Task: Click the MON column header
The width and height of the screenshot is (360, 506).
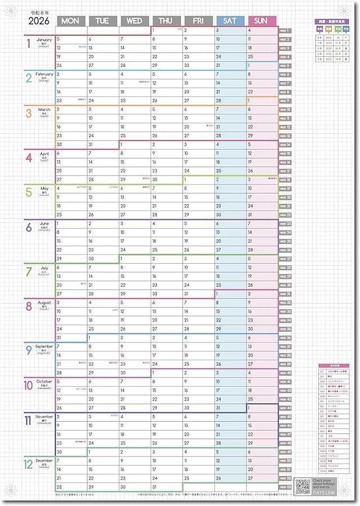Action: coord(71,21)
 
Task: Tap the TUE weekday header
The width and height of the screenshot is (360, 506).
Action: coord(102,21)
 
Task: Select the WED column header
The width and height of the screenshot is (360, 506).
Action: coord(134,21)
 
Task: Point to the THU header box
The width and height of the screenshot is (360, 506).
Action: coord(166,21)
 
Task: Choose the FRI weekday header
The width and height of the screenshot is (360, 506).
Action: coord(198,21)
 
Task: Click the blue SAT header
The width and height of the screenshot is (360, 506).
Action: coord(229,21)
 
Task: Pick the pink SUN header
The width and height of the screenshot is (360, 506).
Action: coord(262,21)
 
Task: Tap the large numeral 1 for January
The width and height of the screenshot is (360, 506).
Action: coord(28,45)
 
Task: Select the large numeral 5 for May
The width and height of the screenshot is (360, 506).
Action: coord(29,192)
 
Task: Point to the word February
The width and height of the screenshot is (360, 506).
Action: coord(44,74)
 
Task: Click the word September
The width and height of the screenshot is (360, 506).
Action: coord(44,346)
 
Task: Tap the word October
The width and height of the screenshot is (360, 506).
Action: coord(45,382)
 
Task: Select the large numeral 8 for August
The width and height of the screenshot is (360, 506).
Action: coord(29,306)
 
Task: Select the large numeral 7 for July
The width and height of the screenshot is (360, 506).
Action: coord(29,272)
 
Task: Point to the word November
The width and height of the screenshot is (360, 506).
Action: coord(45,417)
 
